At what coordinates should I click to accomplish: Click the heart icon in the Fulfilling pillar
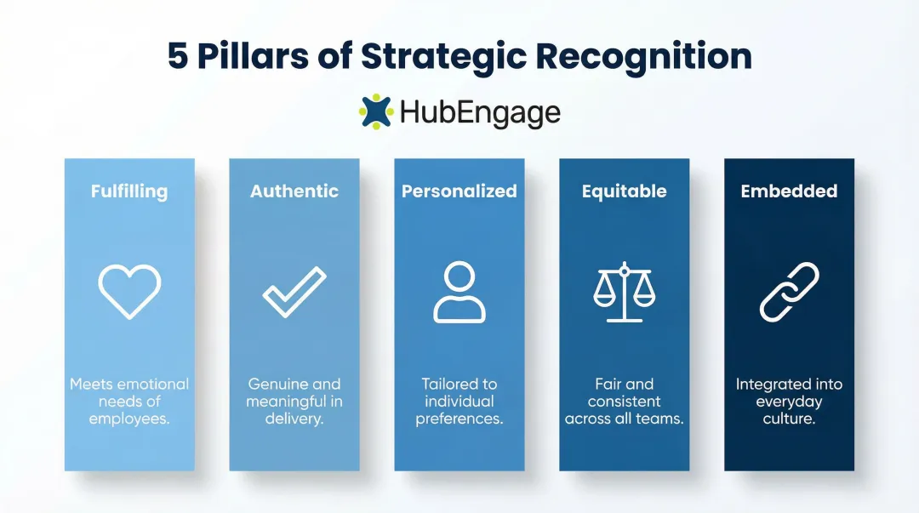(129, 292)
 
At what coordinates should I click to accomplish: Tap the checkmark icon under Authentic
(294, 292)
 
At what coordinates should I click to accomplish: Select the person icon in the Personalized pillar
(459, 292)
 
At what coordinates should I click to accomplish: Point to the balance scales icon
(624, 292)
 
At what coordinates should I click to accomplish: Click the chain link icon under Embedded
(789, 292)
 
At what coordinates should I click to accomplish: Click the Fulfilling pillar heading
(129, 191)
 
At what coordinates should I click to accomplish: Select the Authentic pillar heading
(294, 191)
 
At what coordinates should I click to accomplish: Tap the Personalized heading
(459, 191)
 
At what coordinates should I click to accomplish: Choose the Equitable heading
(624, 191)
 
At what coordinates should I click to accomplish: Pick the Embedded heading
(789, 191)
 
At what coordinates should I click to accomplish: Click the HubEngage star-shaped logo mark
(376, 111)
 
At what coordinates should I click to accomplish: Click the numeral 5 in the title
(178, 56)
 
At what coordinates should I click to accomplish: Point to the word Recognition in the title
(644, 56)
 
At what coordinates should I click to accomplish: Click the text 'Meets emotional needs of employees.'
(129, 402)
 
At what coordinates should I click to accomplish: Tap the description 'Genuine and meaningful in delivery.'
(294, 402)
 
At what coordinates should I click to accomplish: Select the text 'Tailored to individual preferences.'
(459, 402)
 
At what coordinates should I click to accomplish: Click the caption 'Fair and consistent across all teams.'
(624, 402)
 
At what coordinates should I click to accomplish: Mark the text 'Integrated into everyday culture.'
(789, 402)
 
